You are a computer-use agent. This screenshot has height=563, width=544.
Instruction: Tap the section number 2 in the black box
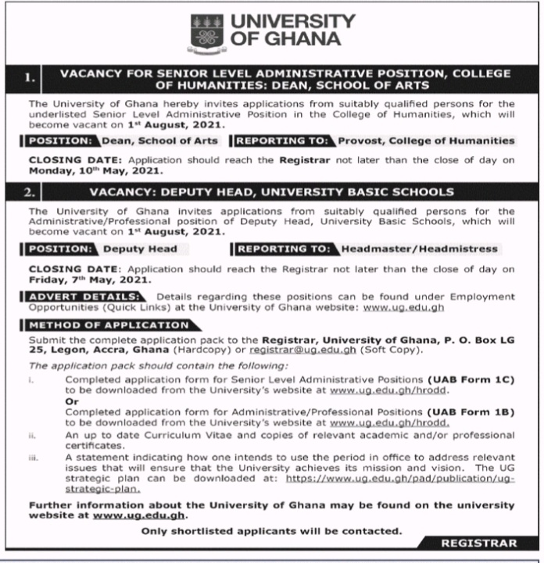(30, 191)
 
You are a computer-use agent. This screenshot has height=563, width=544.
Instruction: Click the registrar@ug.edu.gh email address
(295, 351)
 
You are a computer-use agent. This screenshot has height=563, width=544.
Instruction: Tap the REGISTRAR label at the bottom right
(478, 543)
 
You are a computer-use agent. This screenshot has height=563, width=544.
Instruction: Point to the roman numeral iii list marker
(34, 458)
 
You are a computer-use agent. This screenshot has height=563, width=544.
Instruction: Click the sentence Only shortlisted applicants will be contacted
(272, 531)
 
